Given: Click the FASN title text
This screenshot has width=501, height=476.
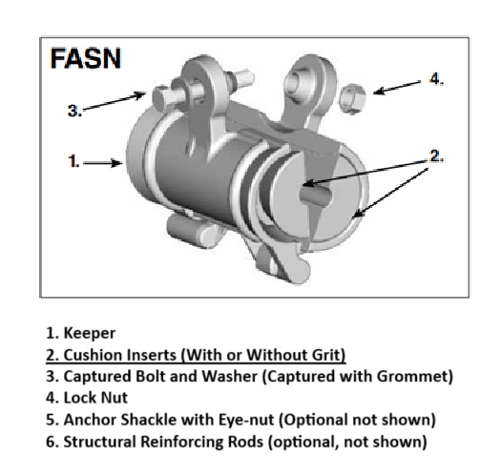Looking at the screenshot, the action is click(86, 58).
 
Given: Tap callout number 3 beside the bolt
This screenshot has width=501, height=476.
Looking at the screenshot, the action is click(74, 111).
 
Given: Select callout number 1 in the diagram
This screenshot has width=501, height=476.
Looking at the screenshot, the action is click(73, 160).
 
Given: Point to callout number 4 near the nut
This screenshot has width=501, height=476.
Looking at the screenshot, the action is click(436, 78).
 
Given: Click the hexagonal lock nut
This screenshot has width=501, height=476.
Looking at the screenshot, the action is click(352, 98).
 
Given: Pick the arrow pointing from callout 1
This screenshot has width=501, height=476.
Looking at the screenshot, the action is click(103, 163).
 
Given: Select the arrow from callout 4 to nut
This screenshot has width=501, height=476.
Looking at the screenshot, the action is click(397, 88).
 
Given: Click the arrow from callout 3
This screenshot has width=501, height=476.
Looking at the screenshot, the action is click(115, 100).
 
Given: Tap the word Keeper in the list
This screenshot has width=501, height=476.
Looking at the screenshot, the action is click(90, 333).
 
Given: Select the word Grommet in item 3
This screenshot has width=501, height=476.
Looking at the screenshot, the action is click(414, 376).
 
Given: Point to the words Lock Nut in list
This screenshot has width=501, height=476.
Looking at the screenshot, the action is click(95, 398).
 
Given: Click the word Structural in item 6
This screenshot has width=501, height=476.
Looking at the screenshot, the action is click(100, 441).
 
